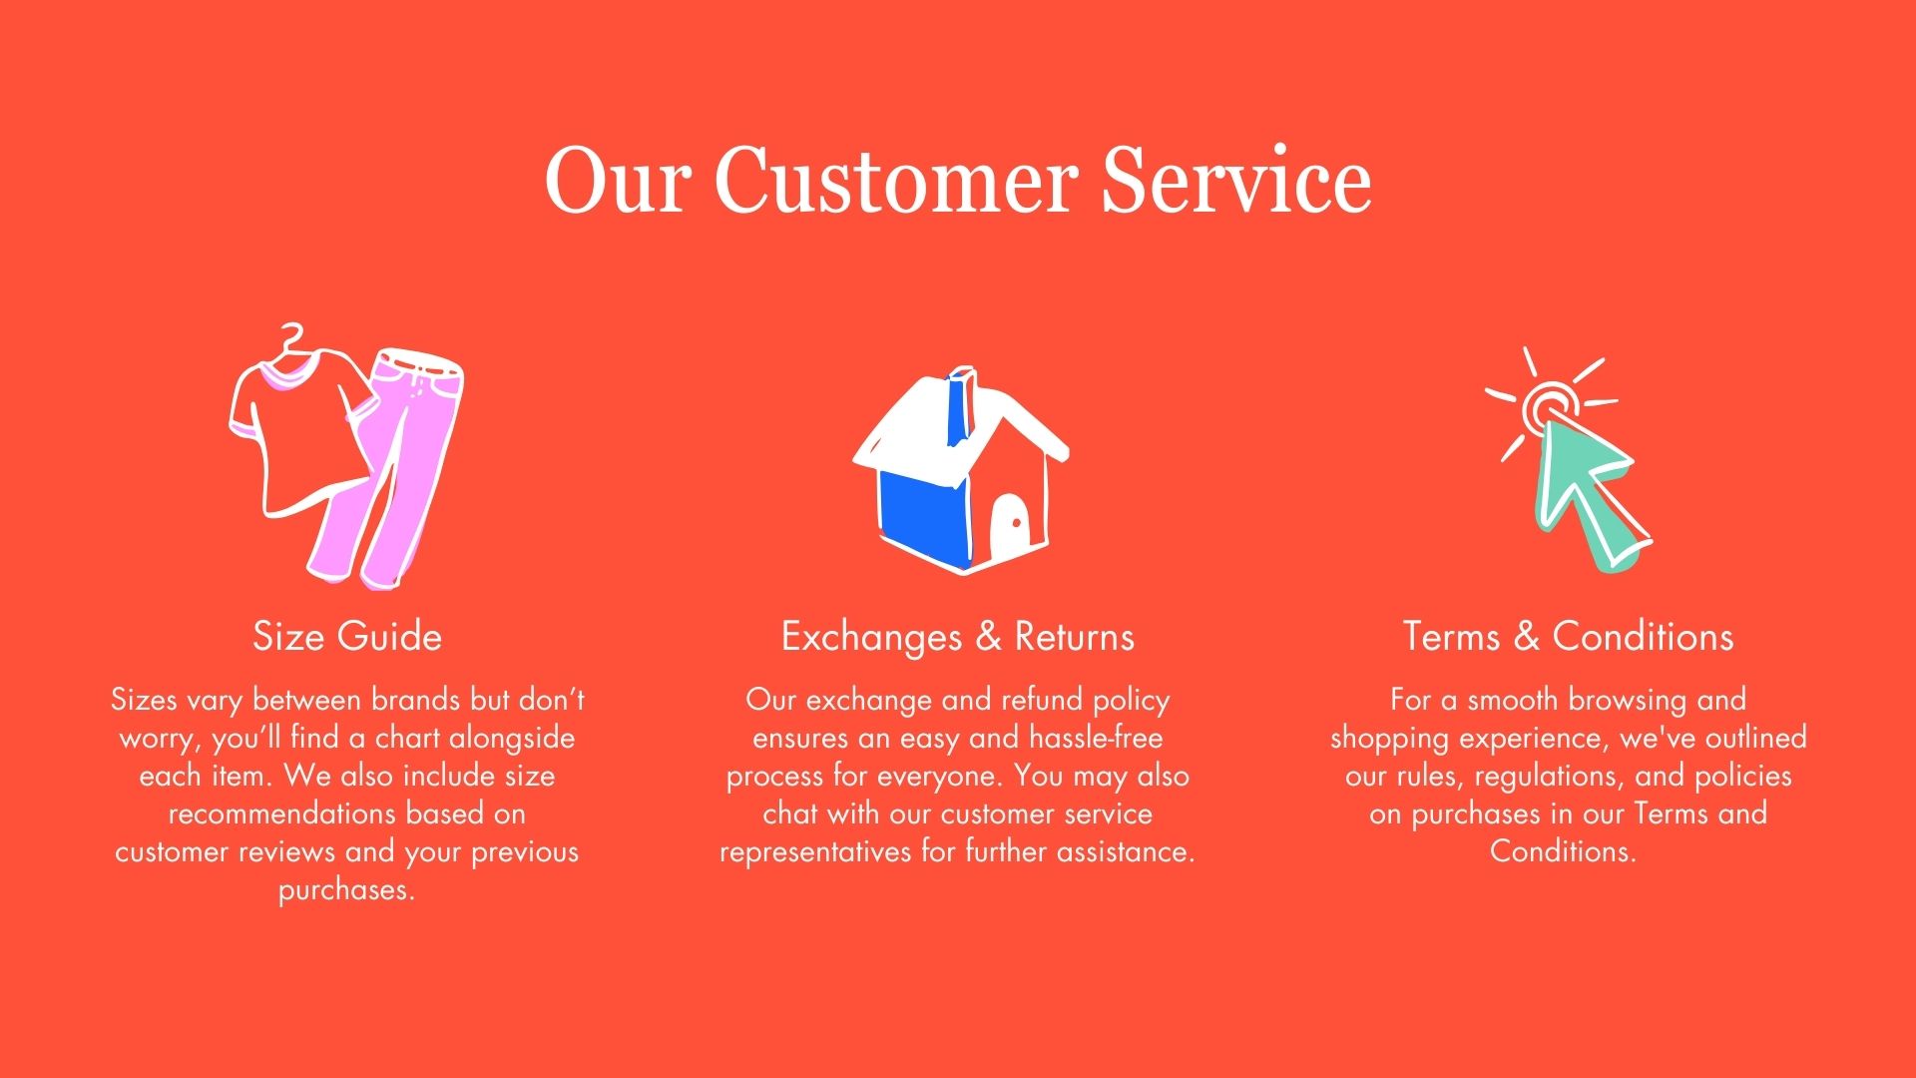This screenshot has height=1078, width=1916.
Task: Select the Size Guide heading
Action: (347, 637)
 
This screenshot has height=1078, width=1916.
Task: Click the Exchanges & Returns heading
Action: (958, 637)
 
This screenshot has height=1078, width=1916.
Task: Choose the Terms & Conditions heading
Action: (1568, 637)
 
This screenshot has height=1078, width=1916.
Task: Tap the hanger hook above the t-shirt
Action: (290, 337)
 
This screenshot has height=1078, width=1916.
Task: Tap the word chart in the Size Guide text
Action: (408, 738)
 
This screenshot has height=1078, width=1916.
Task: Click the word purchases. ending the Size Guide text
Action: (346, 890)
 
